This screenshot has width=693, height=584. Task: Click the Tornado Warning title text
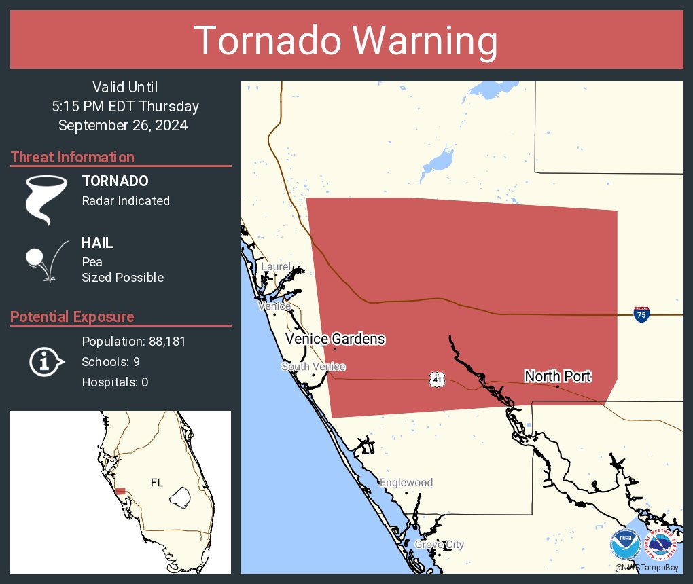[x=346, y=41]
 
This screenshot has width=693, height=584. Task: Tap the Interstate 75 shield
[x=641, y=314]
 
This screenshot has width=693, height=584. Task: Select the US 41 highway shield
[x=436, y=380]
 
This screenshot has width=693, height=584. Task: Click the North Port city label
[x=557, y=376]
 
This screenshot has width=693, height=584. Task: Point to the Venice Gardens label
[x=335, y=339]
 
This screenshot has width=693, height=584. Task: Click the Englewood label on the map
[x=406, y=483]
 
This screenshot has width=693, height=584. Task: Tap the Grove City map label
[x=439, y=545]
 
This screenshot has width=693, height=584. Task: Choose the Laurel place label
[x=276, y=267]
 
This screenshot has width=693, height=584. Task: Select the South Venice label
[x=313, y=367]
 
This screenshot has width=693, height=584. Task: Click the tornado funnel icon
[x=46, y=200]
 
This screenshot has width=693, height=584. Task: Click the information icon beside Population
[x=46, y=361]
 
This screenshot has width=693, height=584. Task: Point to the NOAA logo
[x=624, y=544]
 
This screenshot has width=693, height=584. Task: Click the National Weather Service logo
[x=661, y=544]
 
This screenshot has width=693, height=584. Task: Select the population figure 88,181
[x=163, y=341]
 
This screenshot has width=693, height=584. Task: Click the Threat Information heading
[x=73, y=157]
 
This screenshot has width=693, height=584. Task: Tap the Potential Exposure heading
[x=73, y=316]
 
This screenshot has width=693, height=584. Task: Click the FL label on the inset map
[x=157, y=483]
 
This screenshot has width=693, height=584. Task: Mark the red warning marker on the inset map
[x=120, y=491]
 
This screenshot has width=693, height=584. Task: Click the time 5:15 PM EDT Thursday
[x=125, y=106]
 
